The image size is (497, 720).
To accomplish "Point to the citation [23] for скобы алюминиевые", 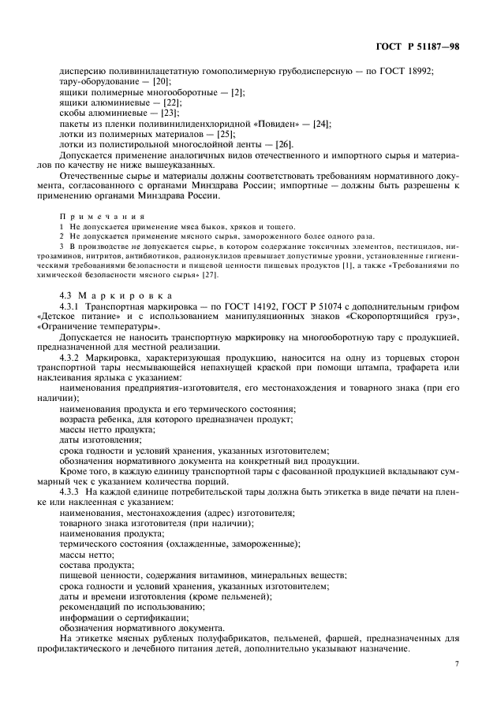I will pos(170,113).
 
